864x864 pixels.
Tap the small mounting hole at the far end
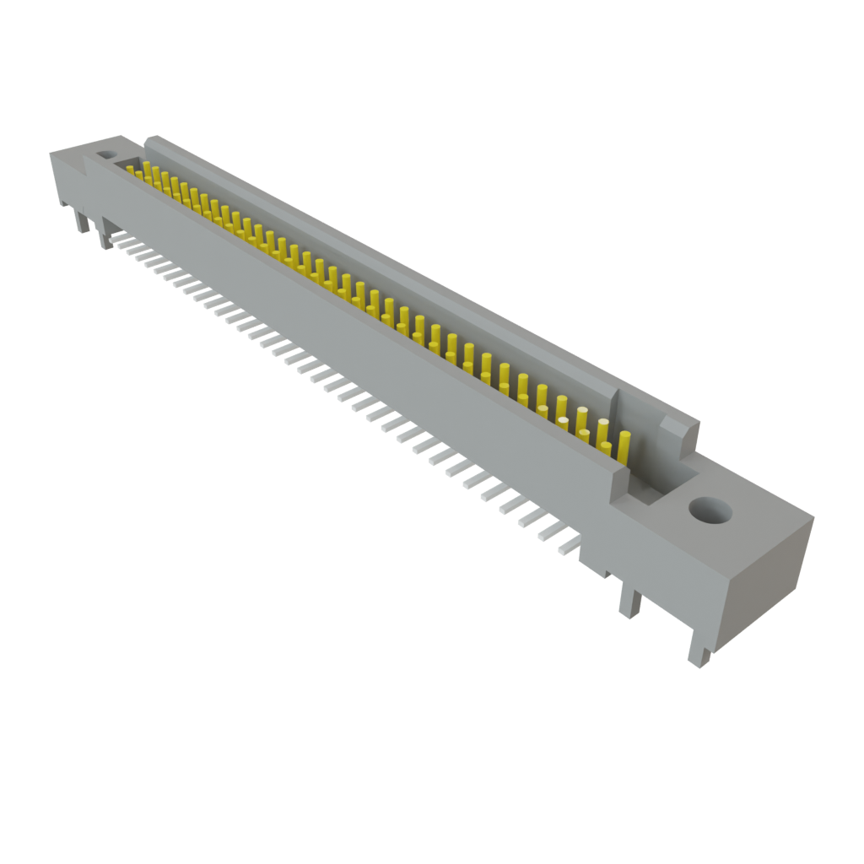click(106, 156)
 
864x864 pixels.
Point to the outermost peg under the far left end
click(81, 222)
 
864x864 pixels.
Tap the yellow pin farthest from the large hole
click(131, 170)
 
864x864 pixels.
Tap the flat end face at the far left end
click(66, 177)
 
